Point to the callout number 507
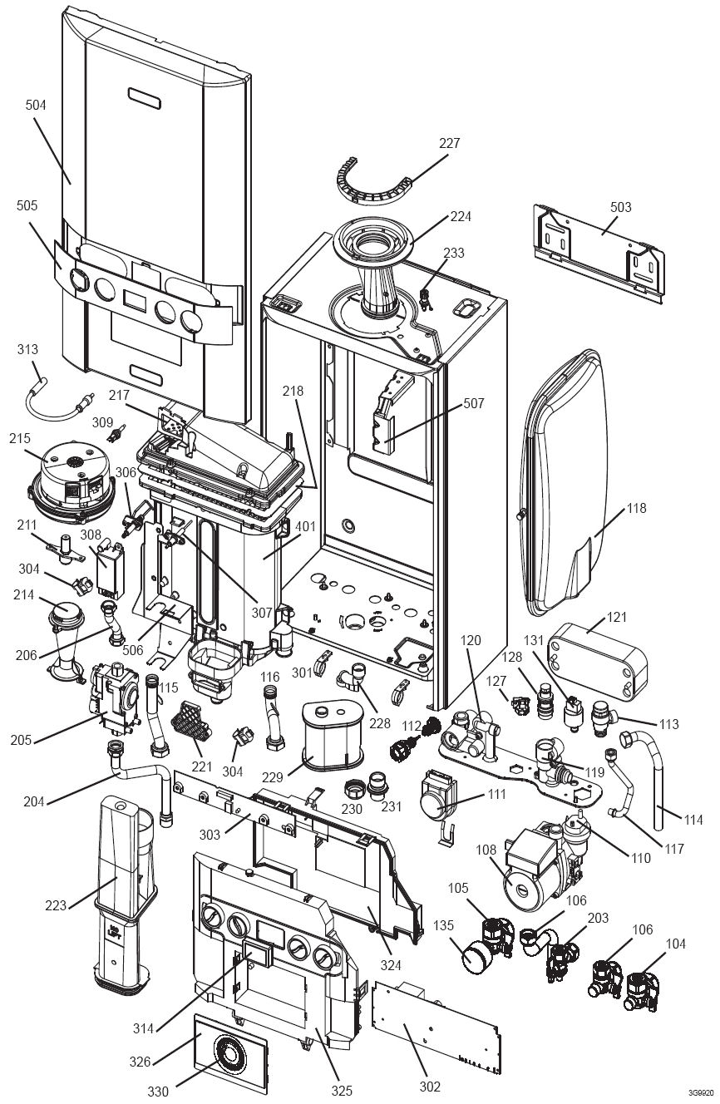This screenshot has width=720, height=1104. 474,405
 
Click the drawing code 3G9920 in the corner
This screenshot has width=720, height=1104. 700,1092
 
